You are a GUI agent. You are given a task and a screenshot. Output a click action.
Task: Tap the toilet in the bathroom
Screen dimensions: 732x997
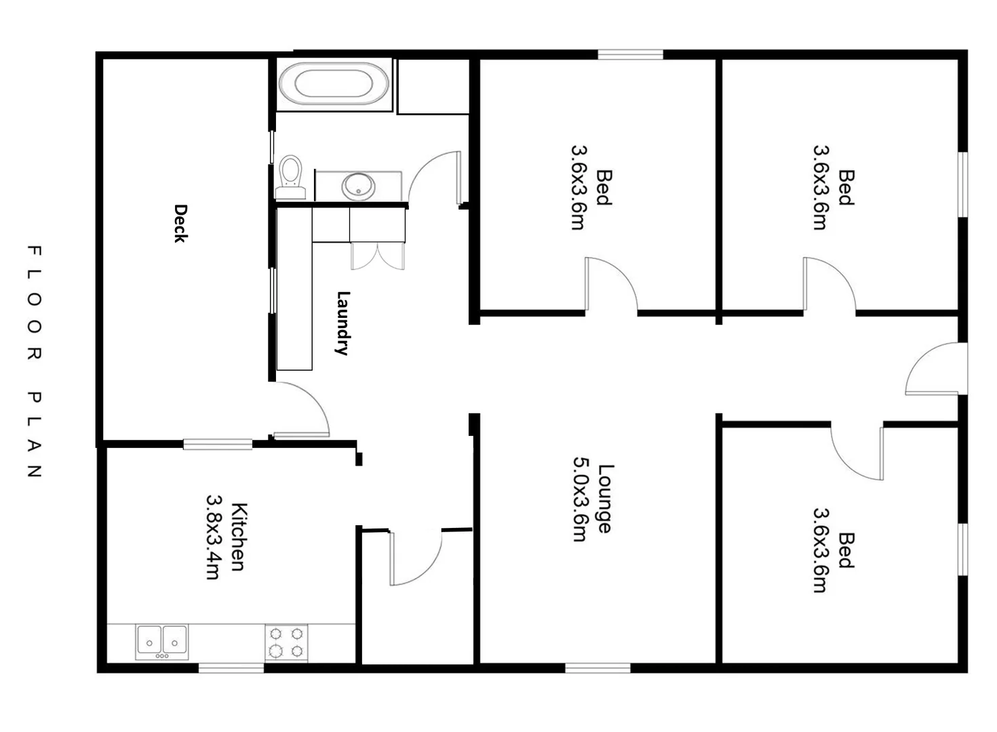pos(290,175)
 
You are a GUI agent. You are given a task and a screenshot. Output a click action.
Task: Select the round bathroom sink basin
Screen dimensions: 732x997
pos(357,185)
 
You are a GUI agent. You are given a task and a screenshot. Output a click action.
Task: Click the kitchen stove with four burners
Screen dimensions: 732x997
pos(286,643)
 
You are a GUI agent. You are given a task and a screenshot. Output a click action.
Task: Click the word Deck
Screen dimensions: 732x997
pos(180,223)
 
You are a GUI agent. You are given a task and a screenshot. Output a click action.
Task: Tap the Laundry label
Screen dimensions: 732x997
pos(343,323)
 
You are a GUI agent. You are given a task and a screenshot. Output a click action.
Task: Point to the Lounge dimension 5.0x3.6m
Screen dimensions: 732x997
pos(580,499)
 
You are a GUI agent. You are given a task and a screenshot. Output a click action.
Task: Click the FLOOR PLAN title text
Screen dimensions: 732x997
pos(34,362)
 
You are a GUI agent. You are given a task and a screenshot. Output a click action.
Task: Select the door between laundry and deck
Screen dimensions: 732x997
pos(302,411)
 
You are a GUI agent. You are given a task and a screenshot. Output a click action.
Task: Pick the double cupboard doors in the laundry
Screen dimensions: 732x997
pos(378,256)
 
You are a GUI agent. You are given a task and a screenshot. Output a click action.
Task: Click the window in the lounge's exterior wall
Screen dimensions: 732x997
pos(598,668)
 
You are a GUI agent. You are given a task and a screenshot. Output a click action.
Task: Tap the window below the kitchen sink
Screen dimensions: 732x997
pos(231,668)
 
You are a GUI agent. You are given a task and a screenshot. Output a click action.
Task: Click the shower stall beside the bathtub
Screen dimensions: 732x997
pos(433,86)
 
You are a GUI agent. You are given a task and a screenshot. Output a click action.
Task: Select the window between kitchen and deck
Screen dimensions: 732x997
pos(218,445)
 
